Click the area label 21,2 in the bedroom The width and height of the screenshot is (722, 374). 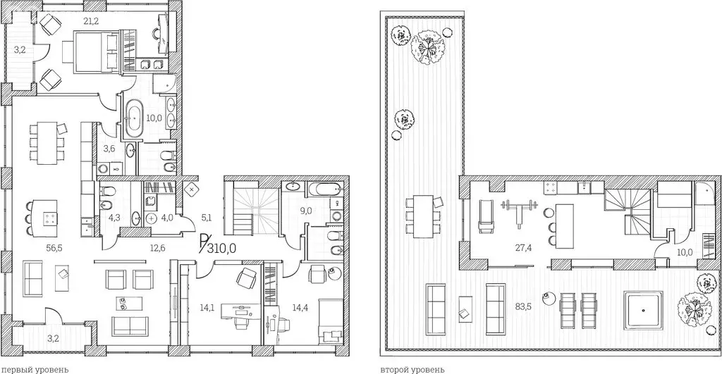pos(91,20)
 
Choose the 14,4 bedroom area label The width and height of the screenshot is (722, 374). pos(300,307)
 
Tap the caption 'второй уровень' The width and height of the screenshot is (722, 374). pos(412,368)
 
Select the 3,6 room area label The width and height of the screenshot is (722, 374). pos(109,148)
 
